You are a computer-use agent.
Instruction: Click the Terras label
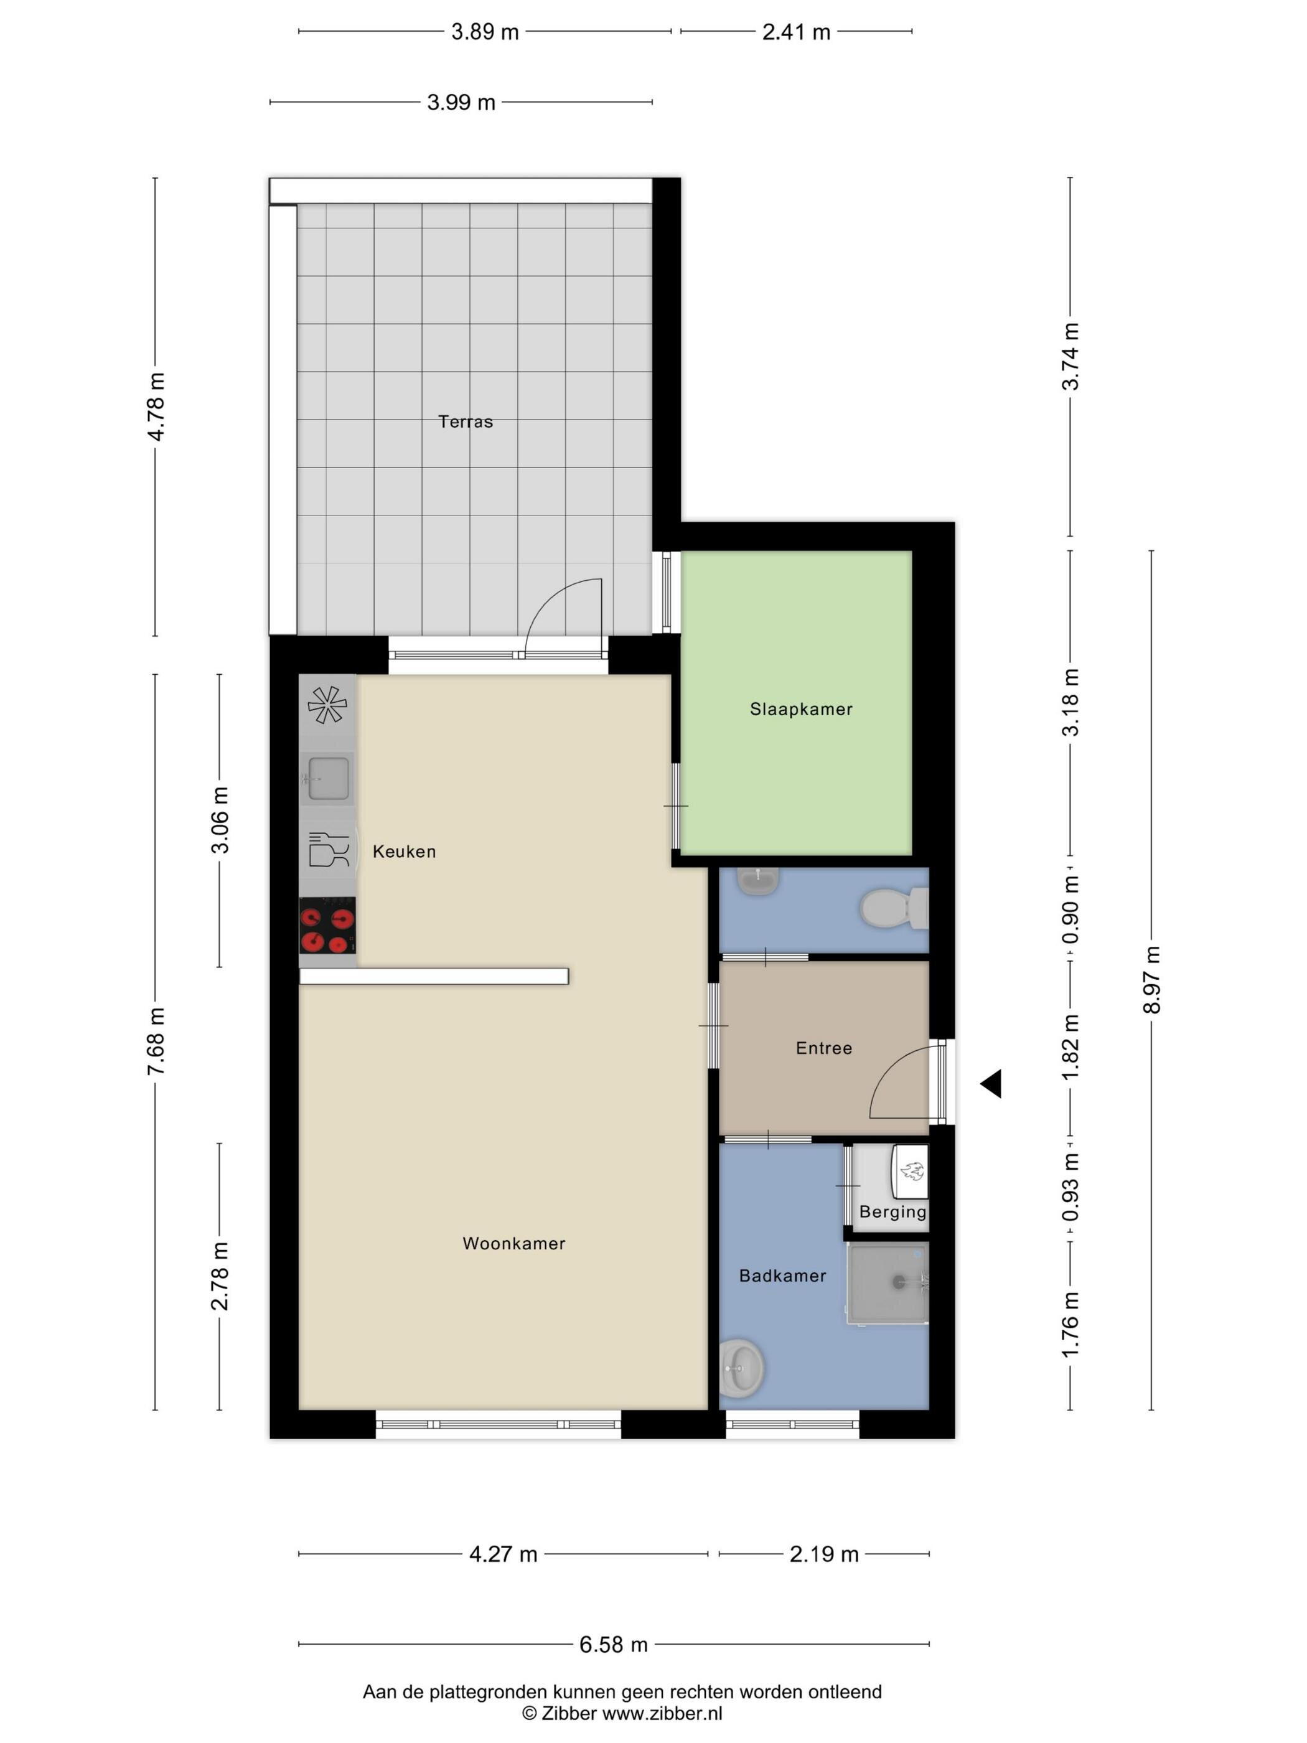tap(465, 421)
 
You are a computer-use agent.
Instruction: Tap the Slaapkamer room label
tap(800, 709)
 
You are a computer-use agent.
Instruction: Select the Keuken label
tap(403, 851)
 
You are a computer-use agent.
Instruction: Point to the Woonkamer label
tap(513, 1243)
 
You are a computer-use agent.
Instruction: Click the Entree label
tap(823, 1048)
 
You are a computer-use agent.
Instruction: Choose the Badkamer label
tap(782, 1276)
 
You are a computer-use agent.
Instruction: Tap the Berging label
tap(892, 1212)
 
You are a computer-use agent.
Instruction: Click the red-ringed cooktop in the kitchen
tap(327, 926)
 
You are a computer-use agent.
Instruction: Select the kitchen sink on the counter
tap(326, 777)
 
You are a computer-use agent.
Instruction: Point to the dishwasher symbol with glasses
tap(328, 850)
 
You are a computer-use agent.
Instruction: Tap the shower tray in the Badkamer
tap(888, 1283)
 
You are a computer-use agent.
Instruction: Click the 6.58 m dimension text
tap(613, 1645)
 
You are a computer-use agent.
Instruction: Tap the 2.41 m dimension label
tap(795, 32)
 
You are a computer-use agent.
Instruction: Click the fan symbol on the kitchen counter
tap(326, 705)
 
